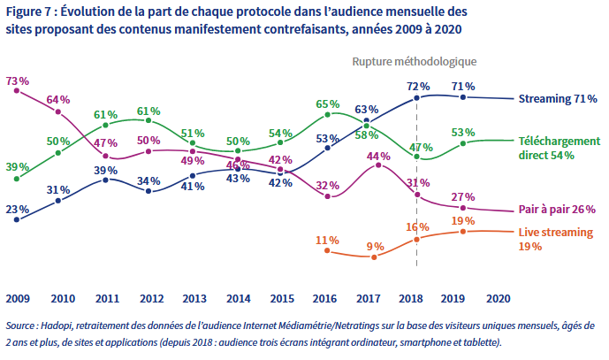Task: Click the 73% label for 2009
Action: pyautogui.click(x=18, y=80)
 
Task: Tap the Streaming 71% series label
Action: pyautogui.click(x=558, y=98)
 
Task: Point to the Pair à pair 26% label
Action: pyautogui.click(x=557, y=210)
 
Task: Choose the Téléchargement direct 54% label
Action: pyautogui.click(x=559, y=148)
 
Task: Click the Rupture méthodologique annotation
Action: pyautogui.click(x=415, y=62)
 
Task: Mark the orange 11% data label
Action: pyautogui.click(x=328, y=240)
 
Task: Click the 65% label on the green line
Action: pyautogui.click(x=328, y=103)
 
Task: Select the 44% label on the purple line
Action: pyautogui.click(x=378, y=156)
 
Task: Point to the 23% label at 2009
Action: pyautogui.click(x=18, y=210)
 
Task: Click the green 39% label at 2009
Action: pyautogui.click(x=18, y=166)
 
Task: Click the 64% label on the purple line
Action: pyautogui.click(x=58, y=99)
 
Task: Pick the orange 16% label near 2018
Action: pyautogui.click(x=417, y=227)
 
